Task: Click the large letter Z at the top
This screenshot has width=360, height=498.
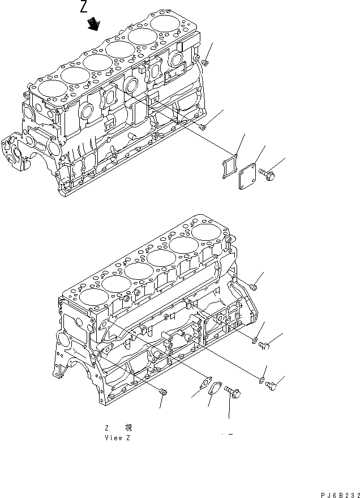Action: (84, 7)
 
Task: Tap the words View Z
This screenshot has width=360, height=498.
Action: (118, 438)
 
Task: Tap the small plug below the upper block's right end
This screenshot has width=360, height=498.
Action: (202, 127)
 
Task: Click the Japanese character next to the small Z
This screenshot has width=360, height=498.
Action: (128, 428)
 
